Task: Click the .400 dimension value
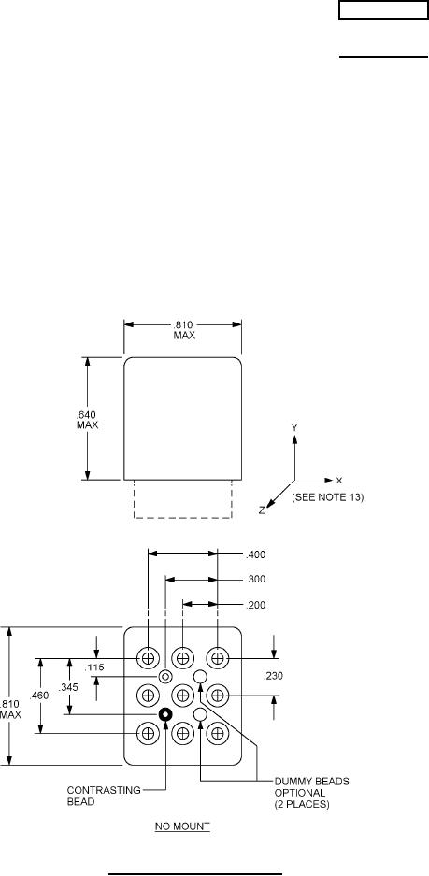(255, 554)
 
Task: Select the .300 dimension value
(255, 580)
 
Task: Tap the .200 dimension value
(255, 605)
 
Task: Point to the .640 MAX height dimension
(87, 419)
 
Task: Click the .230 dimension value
(273, 676)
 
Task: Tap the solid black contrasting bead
(165, 714)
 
